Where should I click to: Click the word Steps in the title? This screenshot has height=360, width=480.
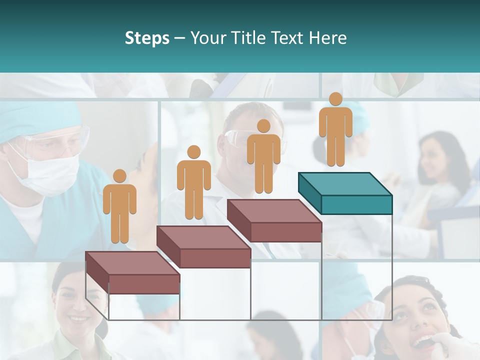click(147, 38)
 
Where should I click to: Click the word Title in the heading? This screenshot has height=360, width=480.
click(252, 38)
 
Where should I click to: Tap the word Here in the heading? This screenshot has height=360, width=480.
click(328, 38)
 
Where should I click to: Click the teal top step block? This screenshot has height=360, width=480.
click(345, 192)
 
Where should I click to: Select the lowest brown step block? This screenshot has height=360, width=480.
click(132, 272)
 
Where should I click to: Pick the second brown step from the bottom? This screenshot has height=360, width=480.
click(203, 246)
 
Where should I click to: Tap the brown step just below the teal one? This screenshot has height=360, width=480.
click(274, 220)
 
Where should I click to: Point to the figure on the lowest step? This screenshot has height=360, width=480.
click(120, 207)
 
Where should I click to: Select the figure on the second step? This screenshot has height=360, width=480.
click(193, 184)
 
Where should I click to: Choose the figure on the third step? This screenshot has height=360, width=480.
click(263, 157)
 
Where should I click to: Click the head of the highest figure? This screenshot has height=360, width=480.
click(335, 99)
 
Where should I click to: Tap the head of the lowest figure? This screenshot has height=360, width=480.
click(119, 176)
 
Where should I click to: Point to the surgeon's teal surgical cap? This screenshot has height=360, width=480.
click(30, 122)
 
